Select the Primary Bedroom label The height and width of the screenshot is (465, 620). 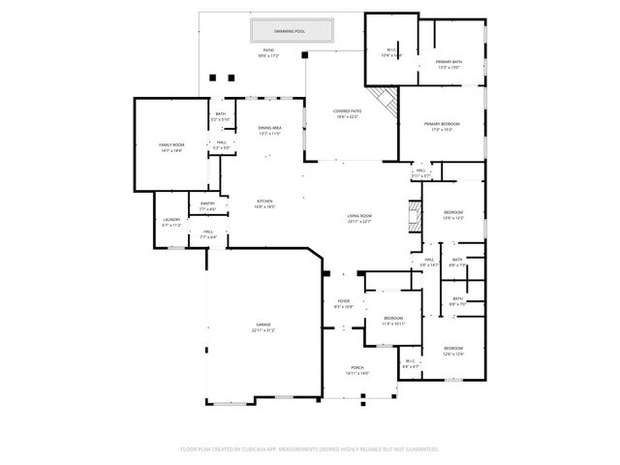442,124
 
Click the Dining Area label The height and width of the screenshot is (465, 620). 269,128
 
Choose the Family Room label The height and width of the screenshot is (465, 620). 171,145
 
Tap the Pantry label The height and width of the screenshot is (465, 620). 207,203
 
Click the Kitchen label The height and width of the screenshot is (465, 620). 265,201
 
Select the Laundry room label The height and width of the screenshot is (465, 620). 170,220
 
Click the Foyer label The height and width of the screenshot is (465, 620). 343,302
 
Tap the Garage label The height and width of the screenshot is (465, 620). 263,325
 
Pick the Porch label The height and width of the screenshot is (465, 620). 357,369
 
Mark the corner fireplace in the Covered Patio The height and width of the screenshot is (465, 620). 387,102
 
